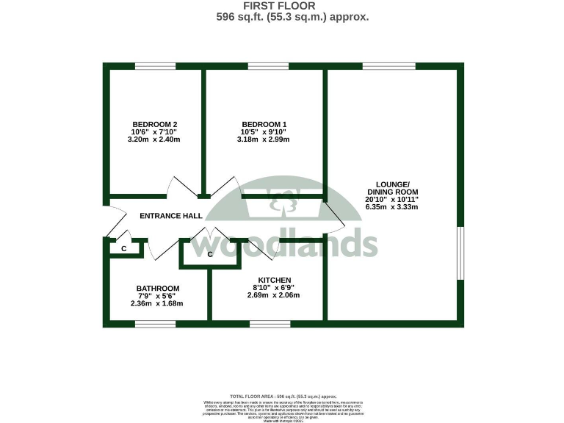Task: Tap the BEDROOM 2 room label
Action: point(154,123)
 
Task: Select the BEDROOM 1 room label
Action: point(264,123)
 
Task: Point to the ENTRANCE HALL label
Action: point(171,216)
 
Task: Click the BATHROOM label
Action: point(157,288)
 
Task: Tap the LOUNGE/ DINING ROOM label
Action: point(392,188)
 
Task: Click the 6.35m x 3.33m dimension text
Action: point(392,207)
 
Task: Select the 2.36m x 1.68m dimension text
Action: point(156,303)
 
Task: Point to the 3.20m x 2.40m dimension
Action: point(154,139)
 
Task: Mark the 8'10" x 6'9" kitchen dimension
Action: point(274,287)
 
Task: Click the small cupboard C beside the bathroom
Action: point(124,249)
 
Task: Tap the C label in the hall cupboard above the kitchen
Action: point(209,254)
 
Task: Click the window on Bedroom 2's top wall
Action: point(155,67)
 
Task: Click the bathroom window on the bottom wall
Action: point(155,323)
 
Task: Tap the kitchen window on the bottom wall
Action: point(270,323)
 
